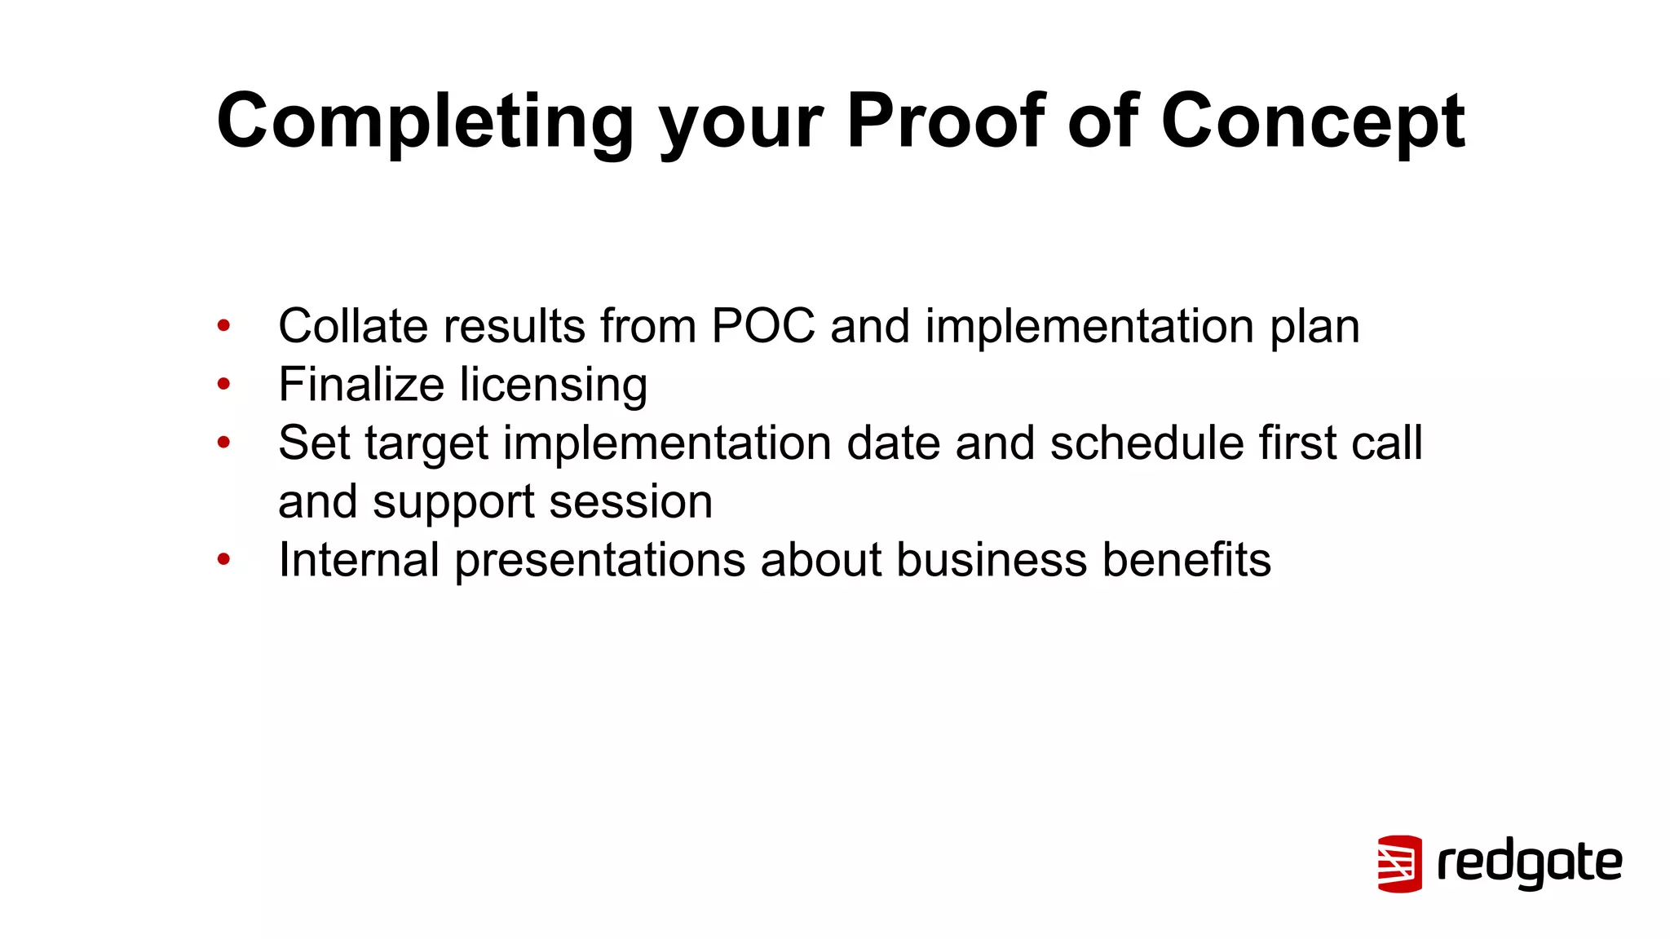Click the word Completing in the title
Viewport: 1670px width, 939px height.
424,122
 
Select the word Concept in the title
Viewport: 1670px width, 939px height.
1313,122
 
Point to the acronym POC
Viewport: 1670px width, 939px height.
763,326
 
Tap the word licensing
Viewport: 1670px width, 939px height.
554,386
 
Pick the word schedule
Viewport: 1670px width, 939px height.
1146,443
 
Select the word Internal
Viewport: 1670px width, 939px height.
359,560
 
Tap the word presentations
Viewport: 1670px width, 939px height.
600,561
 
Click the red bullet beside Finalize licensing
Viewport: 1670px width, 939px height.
224,384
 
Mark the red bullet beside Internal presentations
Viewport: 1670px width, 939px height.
224,560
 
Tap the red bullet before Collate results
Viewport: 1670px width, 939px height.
224,326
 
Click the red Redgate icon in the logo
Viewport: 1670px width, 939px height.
1399,863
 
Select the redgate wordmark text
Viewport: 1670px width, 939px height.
1530,863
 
